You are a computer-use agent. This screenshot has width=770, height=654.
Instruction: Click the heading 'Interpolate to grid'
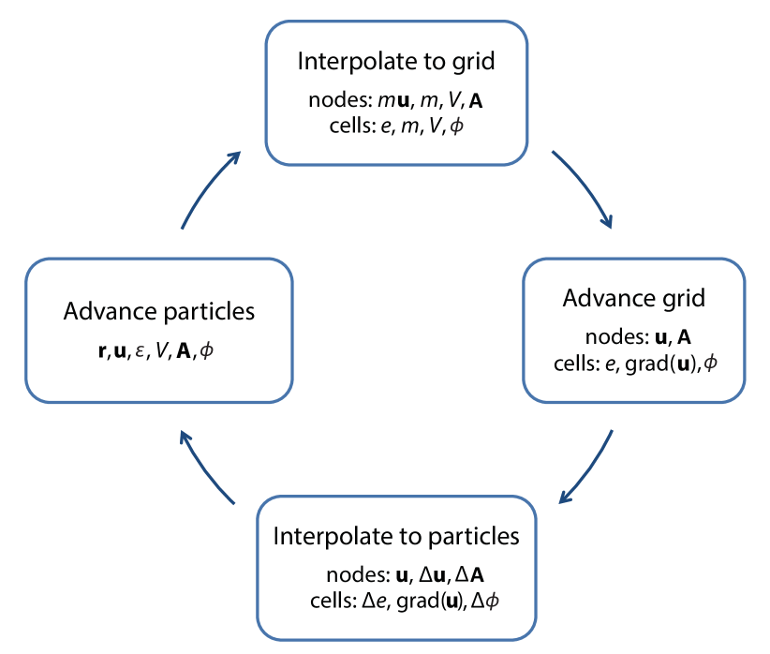click(x=395, y=63)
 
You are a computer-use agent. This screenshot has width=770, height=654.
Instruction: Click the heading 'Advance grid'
click(x=633, y=299)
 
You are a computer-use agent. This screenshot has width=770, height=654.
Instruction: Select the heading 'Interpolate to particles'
click(x=395, y=537)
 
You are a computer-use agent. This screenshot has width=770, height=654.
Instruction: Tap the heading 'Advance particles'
click(x=159, y=311)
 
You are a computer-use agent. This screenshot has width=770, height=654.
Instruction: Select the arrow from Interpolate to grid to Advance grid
click(x=583, y=187)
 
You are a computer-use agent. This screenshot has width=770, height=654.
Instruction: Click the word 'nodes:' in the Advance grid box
click(x=612, y=336)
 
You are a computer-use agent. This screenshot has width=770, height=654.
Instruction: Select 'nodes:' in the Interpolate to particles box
click(x=352, y=574)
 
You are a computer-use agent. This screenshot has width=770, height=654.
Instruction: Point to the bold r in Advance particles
click(x=102, y=351)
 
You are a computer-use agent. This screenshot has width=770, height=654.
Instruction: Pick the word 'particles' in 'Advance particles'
click(x=214, y=311)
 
